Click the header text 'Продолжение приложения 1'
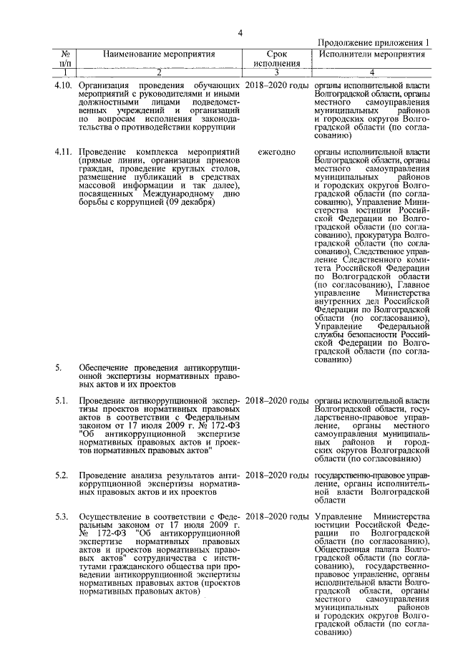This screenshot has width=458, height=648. coord(372,43)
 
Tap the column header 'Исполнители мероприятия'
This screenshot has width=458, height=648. coord(371,54)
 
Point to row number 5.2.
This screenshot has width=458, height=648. coord(62,475)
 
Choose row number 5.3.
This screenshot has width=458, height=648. coord(62,516)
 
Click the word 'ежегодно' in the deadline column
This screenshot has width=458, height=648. coord(277,153)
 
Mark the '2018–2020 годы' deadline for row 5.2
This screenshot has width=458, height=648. coord(277,475)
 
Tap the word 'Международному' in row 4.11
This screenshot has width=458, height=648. coord(165,193)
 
